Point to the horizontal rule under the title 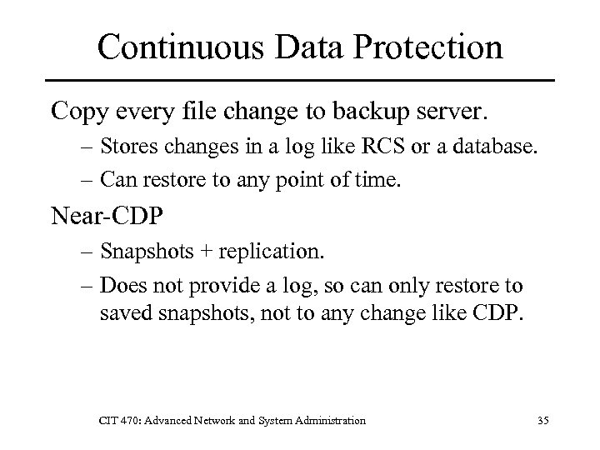tap(299, 80)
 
